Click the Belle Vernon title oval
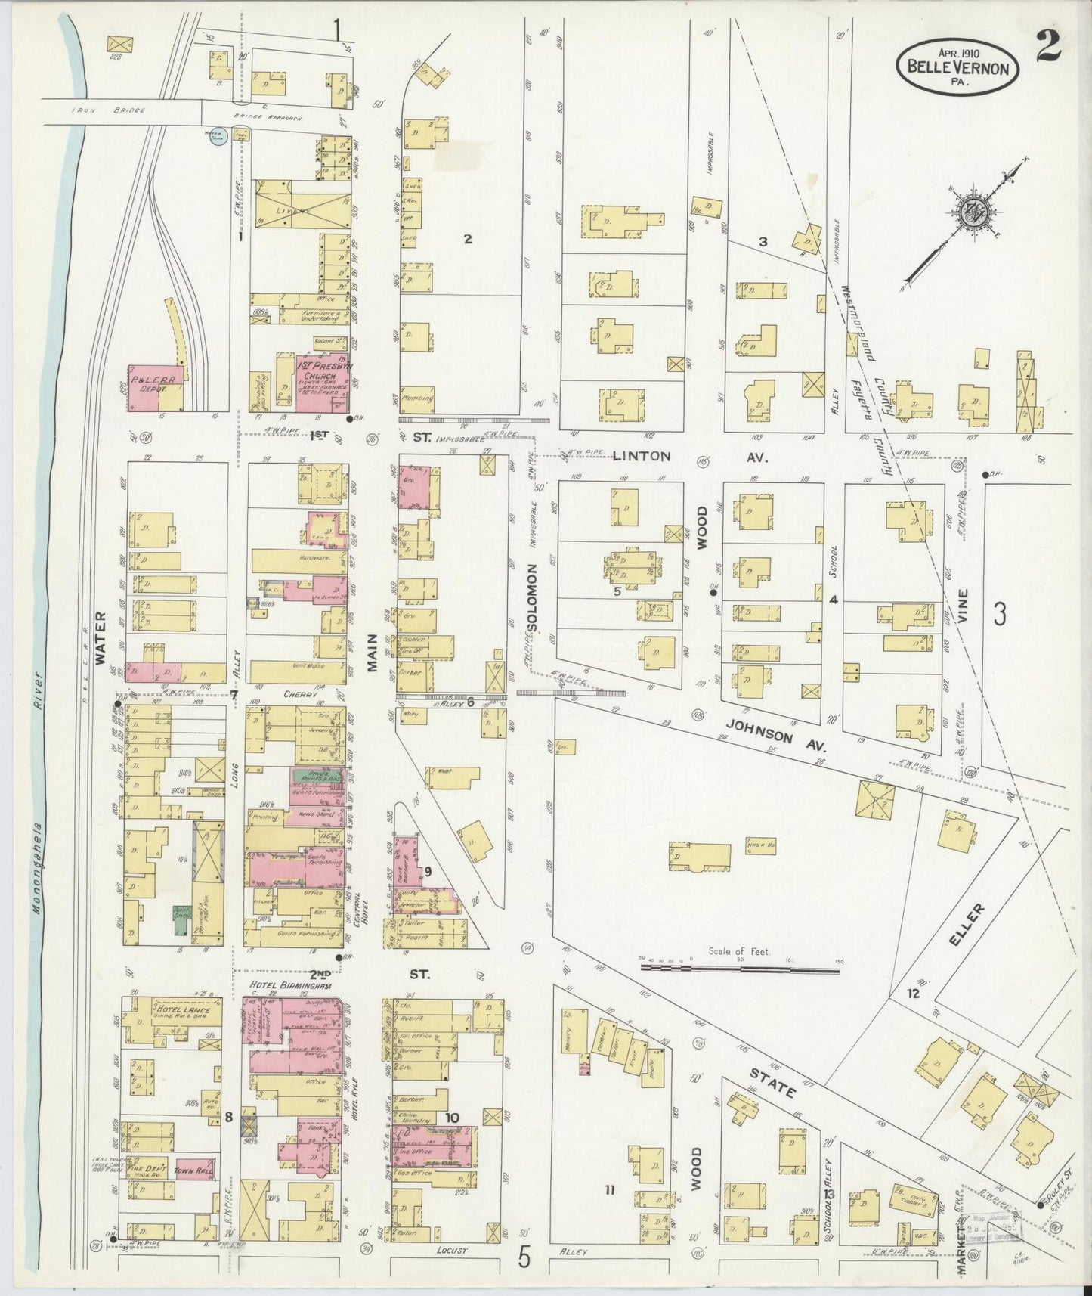pyautogui.click(x=957, y=66)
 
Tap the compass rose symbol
pyautogui.click(x=970, y=210)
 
